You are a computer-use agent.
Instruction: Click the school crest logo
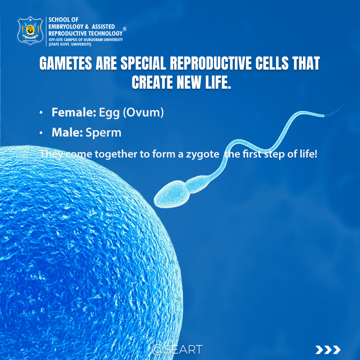pos(30,30)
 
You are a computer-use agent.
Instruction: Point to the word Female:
pos(74,113)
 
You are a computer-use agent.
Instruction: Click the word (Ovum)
pos(143,113)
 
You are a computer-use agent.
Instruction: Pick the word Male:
pos(67,133)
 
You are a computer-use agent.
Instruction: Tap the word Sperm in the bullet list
pos(103,133)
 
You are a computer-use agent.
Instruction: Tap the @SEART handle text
pos(177,349)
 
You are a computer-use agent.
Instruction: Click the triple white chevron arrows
pos(328,350)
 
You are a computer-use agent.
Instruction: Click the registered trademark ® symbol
pos(125,29)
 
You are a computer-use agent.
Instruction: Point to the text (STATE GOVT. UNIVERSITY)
pos(70,44)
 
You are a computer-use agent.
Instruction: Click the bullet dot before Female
pos(41,113)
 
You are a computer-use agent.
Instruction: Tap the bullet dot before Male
pos(41,133)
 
